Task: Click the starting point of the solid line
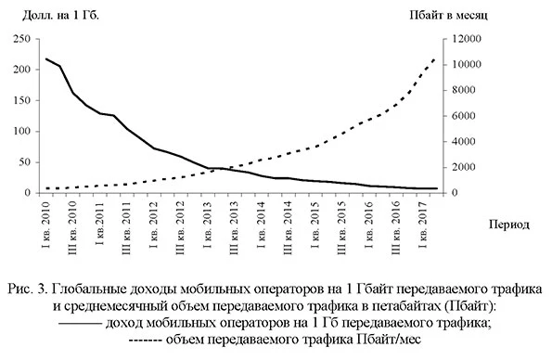coord(46,59)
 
